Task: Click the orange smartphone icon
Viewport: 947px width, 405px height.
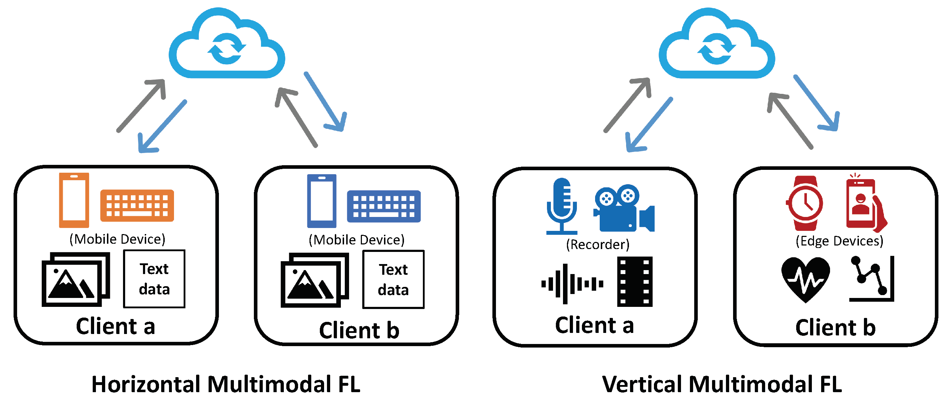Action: pos(74,200)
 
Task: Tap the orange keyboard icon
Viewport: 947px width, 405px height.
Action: pos(137,205)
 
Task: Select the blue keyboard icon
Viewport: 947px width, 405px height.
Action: pos(383,206)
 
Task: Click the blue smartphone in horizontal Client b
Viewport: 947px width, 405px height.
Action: pos(322,201)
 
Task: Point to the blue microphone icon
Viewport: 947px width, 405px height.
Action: pos(561,206)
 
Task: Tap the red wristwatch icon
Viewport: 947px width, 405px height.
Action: pos(805,203)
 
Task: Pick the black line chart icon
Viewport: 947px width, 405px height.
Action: pos(872,279)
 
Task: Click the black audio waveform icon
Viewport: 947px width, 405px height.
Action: pos(572,284)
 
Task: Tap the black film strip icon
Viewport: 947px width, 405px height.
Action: pos(635,282)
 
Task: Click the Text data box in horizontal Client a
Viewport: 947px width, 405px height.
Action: pos(154,279)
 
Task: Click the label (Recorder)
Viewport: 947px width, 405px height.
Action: pos(597,245)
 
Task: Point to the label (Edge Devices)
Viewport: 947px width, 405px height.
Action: pos(839,241)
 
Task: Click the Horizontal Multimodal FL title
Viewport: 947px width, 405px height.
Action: pos(226,384)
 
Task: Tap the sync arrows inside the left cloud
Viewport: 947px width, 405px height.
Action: pos(226,49)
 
